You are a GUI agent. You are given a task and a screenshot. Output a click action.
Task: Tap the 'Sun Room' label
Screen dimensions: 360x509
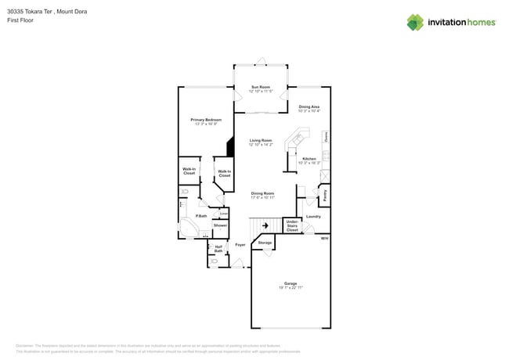(x=261, y=86)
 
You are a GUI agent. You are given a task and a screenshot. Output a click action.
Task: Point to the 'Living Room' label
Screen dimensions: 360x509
(x=261, y=141)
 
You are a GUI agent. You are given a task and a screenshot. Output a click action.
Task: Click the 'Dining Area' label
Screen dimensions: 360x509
(x=309, y=106)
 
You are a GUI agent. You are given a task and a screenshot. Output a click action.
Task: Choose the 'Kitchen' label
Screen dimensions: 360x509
(x=309, y=159)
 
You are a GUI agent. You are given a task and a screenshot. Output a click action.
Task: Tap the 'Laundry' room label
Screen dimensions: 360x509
(x=313, y=216)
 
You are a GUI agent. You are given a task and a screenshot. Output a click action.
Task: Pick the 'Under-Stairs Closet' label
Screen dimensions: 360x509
(x=291, y=226)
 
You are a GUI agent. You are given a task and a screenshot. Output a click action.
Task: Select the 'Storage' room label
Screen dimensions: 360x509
(x=265, y=243)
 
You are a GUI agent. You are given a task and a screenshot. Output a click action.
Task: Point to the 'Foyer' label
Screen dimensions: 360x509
(x=240, y=245)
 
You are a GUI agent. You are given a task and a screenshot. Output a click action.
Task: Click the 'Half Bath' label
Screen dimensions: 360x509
(x=218, y=249)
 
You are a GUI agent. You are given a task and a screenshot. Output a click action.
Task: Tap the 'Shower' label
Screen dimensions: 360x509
(x=220, y=225)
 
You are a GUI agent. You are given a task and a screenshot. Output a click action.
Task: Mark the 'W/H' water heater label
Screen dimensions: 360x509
(x=324, y=238)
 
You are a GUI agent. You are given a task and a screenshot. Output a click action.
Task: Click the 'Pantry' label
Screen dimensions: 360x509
(x=326, y=192)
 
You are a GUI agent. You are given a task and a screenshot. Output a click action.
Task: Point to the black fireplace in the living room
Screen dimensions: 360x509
(x=230, y=147)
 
